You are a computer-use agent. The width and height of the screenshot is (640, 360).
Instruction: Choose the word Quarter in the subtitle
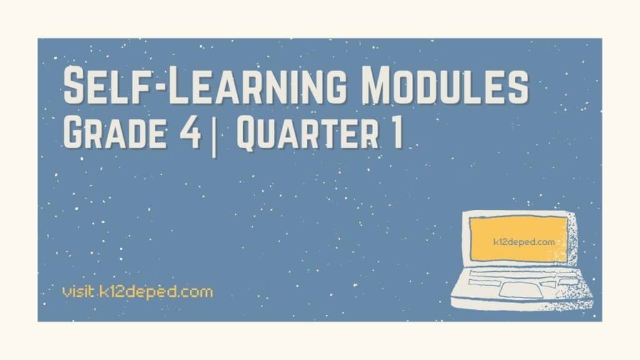(x=310, y=134)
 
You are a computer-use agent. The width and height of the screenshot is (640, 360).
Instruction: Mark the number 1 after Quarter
(x=396, y=134)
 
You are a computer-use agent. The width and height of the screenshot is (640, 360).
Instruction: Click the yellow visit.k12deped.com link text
(x=137, y=291)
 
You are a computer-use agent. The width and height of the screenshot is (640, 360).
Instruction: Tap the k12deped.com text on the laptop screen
(x=515, y=240)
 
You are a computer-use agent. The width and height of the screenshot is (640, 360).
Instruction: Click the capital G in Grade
(x=75, y=134)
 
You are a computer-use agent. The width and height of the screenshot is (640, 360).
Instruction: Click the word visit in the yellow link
(x=79, y=291)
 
